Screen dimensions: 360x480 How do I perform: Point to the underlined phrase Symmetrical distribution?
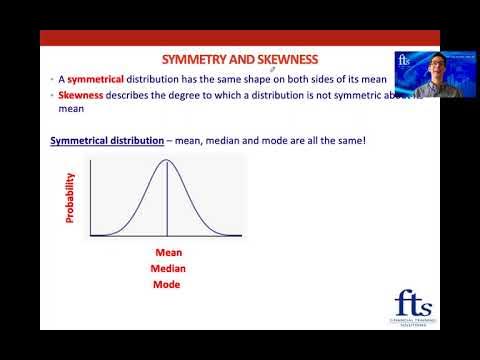pyautogui.click(x=107, y=140)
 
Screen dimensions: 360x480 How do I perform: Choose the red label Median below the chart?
pyautogui.click(x=168, y=269)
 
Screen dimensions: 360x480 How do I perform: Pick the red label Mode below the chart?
pyautogui.click(x=165, y=285)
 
